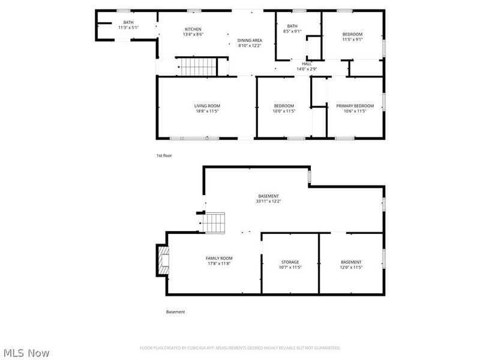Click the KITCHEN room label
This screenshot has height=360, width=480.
pos(193,29)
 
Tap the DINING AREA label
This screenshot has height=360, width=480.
pos(250,40)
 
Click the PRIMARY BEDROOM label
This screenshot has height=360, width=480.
pos(351,106)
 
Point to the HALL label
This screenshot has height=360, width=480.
pos(307,64)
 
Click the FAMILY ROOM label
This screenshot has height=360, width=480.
pos(219,258)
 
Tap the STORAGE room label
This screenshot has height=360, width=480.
pos(290,262)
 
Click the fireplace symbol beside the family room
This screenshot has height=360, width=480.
pos(162,260)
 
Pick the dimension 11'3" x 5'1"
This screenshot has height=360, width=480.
pos(128,28)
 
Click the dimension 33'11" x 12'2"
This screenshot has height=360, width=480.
pos(268,202)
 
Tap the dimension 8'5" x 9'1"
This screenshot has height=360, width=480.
pos(292,31)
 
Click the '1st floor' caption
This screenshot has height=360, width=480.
pos(164,155)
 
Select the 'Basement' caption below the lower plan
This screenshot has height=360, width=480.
pos(175,312)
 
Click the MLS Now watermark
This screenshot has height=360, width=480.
pos(26,353)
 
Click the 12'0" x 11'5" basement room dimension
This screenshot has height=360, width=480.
pos(351,268)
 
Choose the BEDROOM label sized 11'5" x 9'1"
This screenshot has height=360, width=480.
pos(352,34)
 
